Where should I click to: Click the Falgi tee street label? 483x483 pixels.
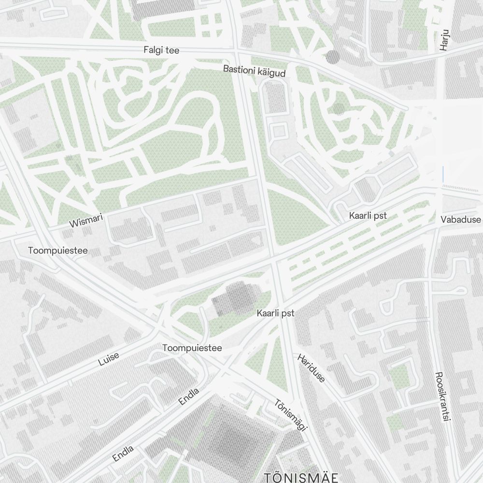161,50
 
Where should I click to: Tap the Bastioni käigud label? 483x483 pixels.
254,71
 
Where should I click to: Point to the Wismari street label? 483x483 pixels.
86,222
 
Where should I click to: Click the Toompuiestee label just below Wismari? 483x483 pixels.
58,251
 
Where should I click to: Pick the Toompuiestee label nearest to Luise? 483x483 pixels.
192,348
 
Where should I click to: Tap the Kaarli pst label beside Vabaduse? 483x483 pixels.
368,216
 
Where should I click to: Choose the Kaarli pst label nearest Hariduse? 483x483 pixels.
275,313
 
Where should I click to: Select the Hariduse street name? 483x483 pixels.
312,368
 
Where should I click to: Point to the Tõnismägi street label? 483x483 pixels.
291,414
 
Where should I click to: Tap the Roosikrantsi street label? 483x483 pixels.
440,396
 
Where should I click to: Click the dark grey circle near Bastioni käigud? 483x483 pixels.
333,57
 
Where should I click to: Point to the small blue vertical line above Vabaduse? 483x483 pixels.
442,173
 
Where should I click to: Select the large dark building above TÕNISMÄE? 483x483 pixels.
237,437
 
